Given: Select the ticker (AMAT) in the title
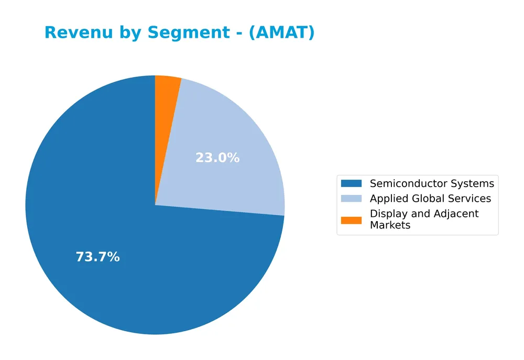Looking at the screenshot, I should point(281,33).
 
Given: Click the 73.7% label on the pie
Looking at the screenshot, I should point(97,257).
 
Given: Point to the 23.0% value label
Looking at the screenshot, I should point(217,158).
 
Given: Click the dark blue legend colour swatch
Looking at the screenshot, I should point(351,183).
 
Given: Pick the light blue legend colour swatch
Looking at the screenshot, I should point(351,199).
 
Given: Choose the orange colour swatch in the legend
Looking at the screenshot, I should point(351,220).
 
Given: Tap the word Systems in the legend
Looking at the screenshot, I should point(474,183).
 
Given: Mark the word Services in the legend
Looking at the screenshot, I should point(469,199).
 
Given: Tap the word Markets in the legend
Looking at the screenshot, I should point(390,225).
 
